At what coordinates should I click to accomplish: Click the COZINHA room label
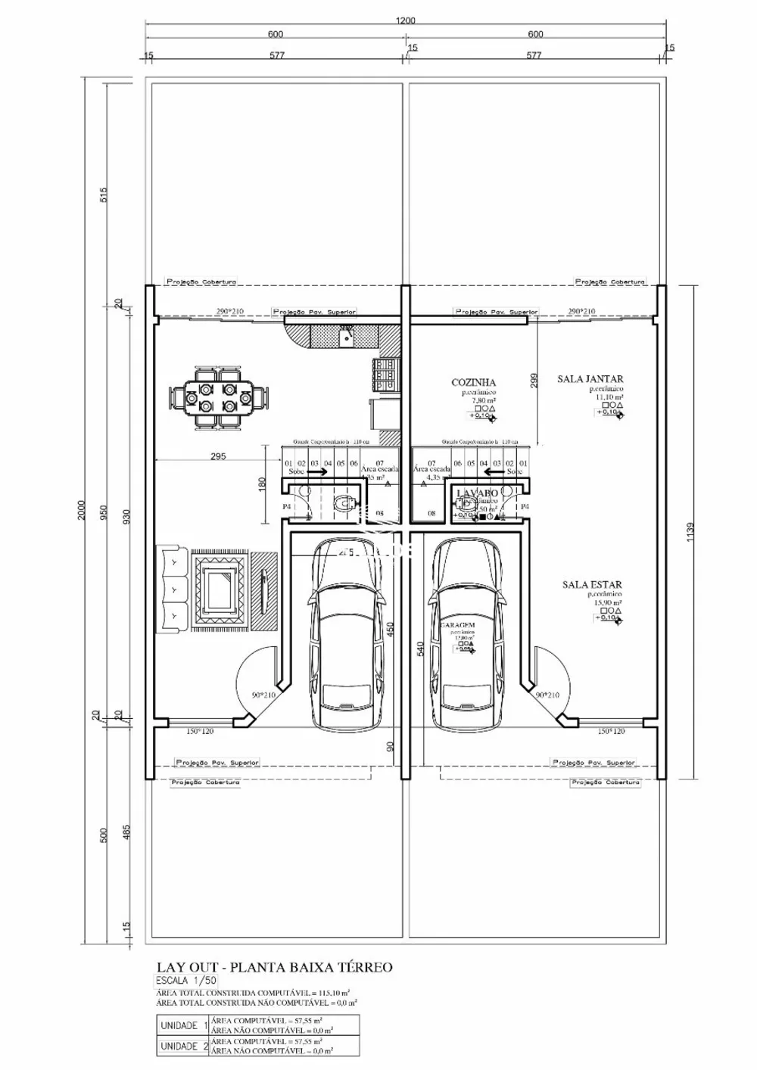click(x=473, y=383)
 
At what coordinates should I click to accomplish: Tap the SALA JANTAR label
click(x=590, y=379)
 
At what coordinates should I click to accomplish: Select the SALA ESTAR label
click(x=592, y=584)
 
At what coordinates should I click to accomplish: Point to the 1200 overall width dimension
click(x=405, y=21)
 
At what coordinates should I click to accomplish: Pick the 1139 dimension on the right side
click(x=689, y=534)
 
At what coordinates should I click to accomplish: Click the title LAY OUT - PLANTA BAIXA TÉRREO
click(x=274, y=967)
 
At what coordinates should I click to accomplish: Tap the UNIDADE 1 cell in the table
click(x=182, y=1025)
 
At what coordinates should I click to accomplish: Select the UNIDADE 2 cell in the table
click(x=182, y=1047)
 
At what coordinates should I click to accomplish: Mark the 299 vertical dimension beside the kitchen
click(x=534, y=381)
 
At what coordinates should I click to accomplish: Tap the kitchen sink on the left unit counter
click(x=345, y=334)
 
